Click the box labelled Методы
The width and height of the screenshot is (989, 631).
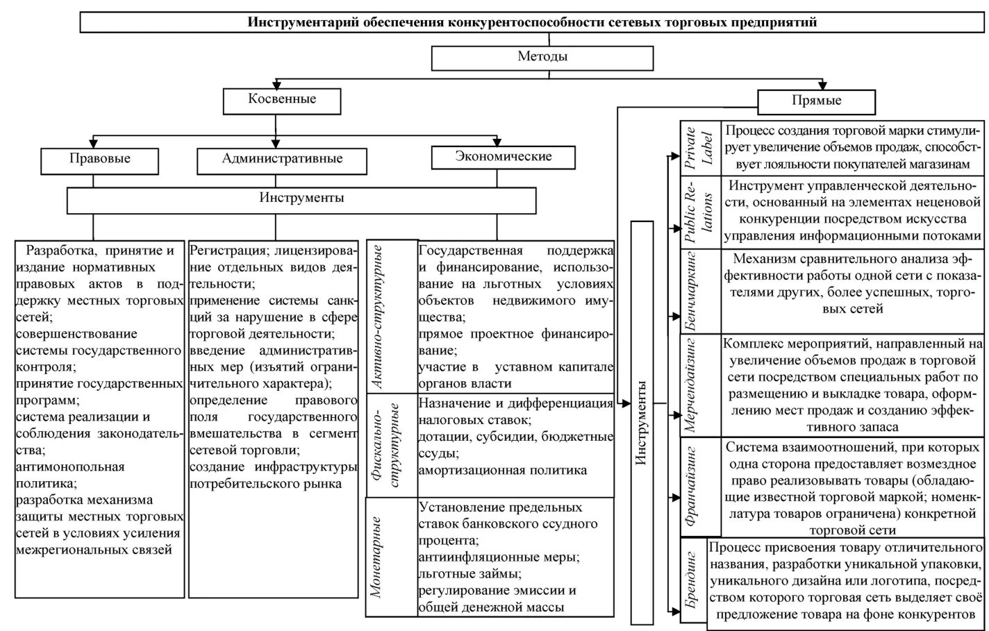tap(542, 58)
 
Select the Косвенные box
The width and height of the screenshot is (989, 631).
tap(282, 100)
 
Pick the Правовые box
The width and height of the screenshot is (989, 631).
tap(100, 160)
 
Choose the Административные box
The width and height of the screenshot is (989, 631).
tap(282, 160)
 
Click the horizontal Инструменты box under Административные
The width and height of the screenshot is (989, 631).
tap(301, 199)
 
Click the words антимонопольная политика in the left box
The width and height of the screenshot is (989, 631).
tap(69, 475)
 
